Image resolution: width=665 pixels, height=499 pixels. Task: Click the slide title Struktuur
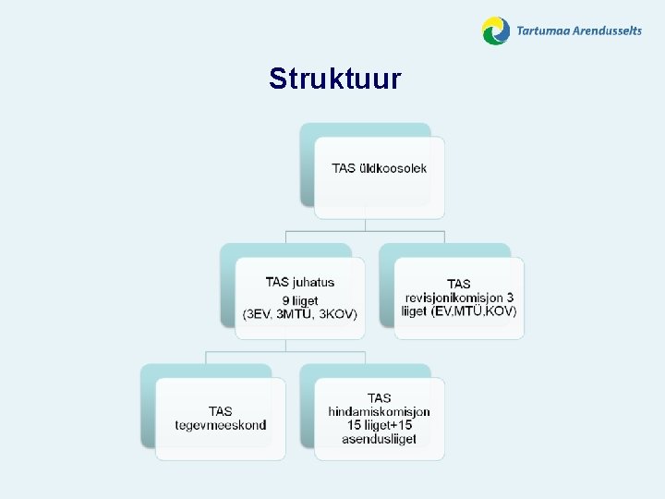point(334,79)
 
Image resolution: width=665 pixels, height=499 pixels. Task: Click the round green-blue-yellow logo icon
point(496,31)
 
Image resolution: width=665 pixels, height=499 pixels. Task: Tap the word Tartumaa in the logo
point(543,30)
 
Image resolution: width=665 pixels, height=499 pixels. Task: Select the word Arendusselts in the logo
point(607,30)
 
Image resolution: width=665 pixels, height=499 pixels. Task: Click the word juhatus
point(314,283)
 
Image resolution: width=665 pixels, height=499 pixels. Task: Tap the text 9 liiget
point(299,300)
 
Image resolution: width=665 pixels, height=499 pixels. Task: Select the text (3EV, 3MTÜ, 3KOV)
point(299,314)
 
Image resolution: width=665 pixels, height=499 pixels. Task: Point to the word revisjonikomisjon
point(459,298)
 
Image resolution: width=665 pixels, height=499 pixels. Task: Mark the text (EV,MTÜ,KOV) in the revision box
point(474,311)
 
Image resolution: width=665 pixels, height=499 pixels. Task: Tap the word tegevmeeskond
point(220,425)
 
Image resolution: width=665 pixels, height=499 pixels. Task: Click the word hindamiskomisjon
point(379,411)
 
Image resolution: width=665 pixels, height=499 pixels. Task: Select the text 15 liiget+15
point(379,425)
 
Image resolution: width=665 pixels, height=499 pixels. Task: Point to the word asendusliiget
point(379,439)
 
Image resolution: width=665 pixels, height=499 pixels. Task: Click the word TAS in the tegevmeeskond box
point(220,411)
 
